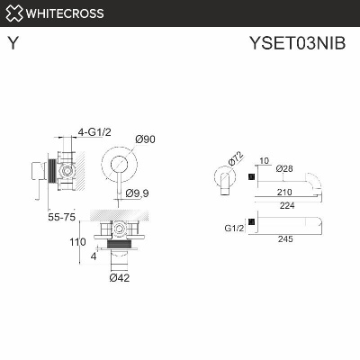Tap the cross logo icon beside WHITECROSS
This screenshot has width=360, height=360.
[13, 13]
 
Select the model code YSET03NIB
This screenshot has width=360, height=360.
[301, 41]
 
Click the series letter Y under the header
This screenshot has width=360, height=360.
[12, 41]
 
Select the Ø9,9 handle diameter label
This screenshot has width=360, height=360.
[138, 193]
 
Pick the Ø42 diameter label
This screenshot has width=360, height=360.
[121, 278]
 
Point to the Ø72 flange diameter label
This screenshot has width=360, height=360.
[235, 159]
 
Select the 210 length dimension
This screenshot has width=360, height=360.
[286, 193]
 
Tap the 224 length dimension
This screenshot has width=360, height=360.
[287, 205]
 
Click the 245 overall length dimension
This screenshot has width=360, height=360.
[287, 239]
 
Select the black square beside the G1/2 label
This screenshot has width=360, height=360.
[252, 222]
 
